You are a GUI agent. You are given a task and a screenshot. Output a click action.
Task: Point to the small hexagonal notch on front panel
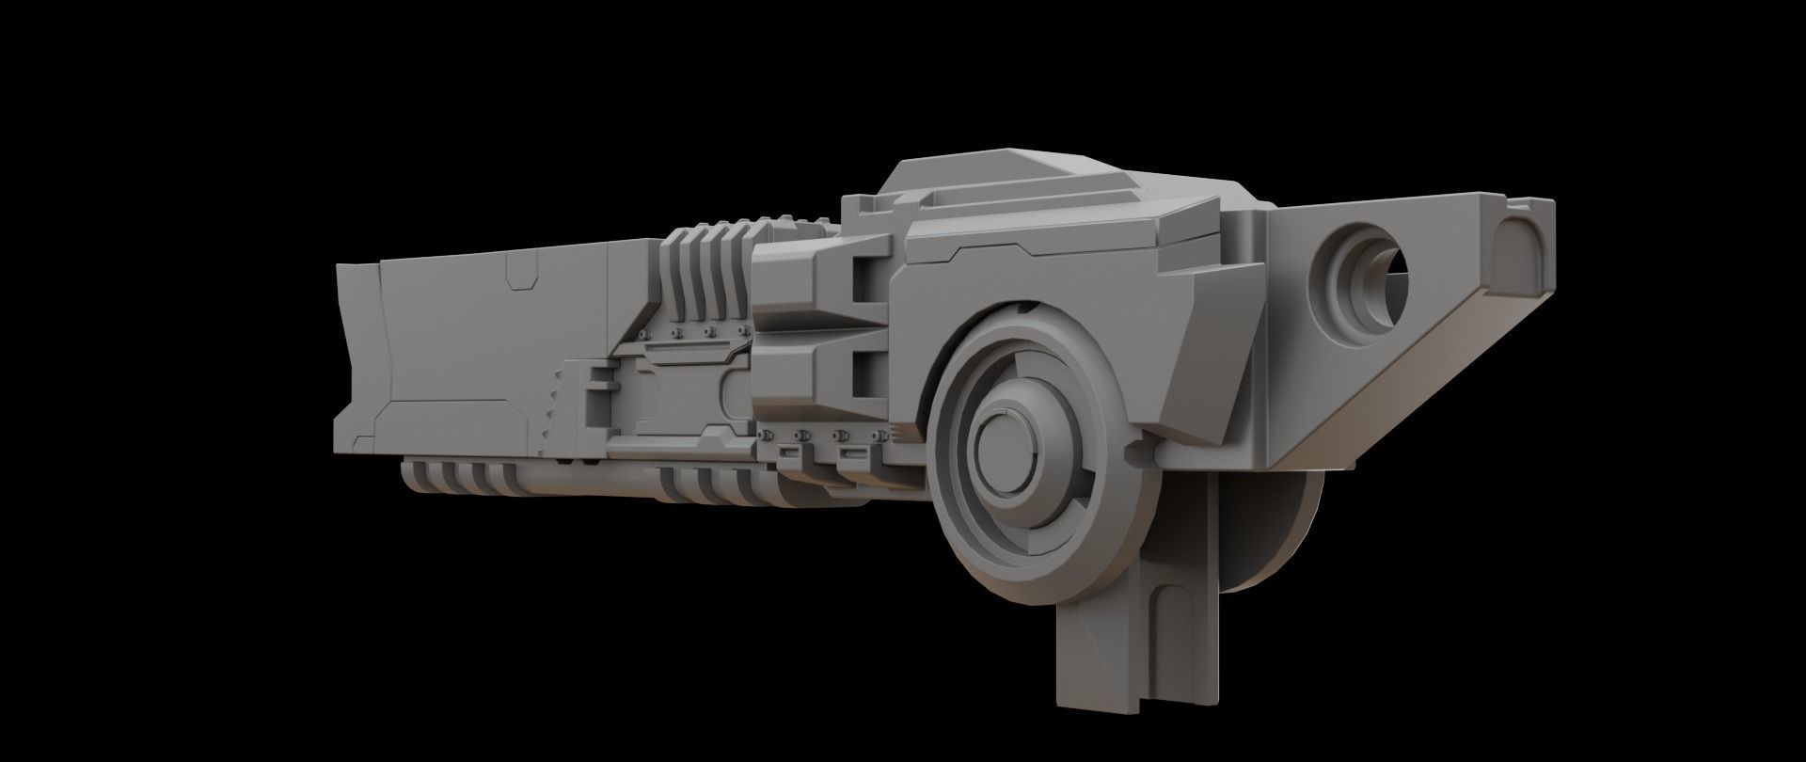tap(520, 276)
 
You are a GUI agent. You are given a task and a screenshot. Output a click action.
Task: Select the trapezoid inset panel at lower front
tap(451, 418)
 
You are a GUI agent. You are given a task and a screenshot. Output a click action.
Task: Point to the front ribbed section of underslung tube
tap(461, 478)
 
